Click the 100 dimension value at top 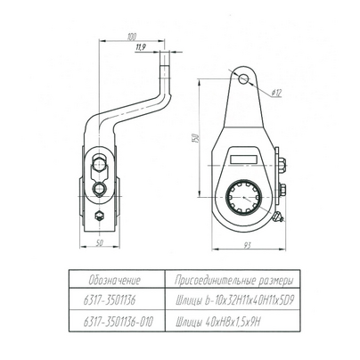pyautogui.click(x=131, y=37)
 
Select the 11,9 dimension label pyautogui.click(x=140, y=47)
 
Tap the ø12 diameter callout pyautogui.click(x=276, y=93)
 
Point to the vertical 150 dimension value pyautogui.click(x=195, y=138)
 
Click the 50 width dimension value pyautogui.click(x=100, y=243)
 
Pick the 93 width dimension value pyautogui.click(x=247, y=246)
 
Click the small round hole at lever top pyautogui.click(x=243, y=78)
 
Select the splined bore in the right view pyautogui.click(x=243, y=197)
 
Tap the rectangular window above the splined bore pyautogui.click(x=244, y=159)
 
